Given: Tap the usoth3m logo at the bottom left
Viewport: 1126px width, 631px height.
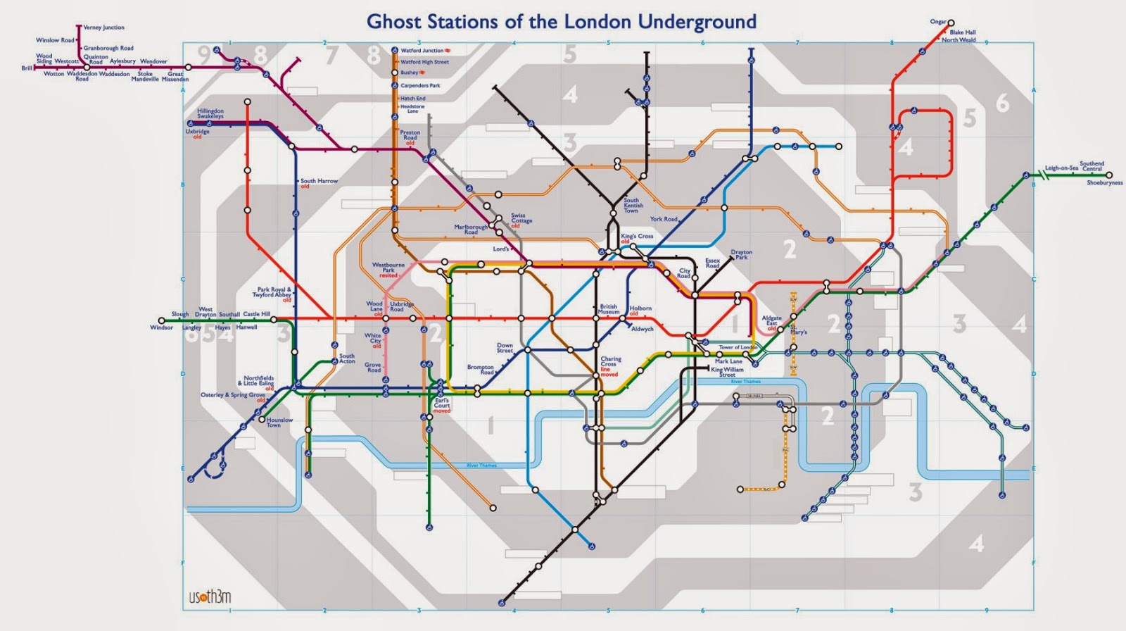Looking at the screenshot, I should click(210, 597).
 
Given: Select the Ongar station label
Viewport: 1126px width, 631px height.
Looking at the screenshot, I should click(938, 22).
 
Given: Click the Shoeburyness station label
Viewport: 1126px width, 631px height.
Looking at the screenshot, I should click(1104, 182).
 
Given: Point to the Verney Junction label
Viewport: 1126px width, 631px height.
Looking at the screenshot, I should click(103, 27).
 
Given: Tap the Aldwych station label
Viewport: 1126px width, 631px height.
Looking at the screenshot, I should click(642, 329).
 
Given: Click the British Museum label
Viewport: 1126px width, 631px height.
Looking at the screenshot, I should click(609, 309).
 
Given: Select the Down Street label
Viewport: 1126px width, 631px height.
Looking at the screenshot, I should click(505, 348).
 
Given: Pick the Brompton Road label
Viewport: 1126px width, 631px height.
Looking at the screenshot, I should click(481, 370).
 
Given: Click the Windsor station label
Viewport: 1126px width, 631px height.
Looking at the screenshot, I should click(161, 327).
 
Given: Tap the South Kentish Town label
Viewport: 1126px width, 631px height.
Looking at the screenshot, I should click(632, 206).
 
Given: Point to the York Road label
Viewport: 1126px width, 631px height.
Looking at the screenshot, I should click(664, 219).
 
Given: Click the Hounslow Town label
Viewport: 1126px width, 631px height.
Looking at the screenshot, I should click(279, 423).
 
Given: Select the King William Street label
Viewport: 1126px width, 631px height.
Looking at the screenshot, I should click(727, 372).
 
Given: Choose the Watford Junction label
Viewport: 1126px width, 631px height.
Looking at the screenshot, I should click(422, 51).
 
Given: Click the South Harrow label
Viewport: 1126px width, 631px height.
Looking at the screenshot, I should click(319, 181).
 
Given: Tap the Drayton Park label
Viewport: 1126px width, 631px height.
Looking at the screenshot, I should click(741, 254).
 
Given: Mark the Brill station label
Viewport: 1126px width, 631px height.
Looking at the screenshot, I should click(27, 68).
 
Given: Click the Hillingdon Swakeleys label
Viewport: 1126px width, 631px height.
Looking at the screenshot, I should click(210, 113).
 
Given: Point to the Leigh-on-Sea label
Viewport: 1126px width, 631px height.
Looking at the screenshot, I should click(1061, 168).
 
